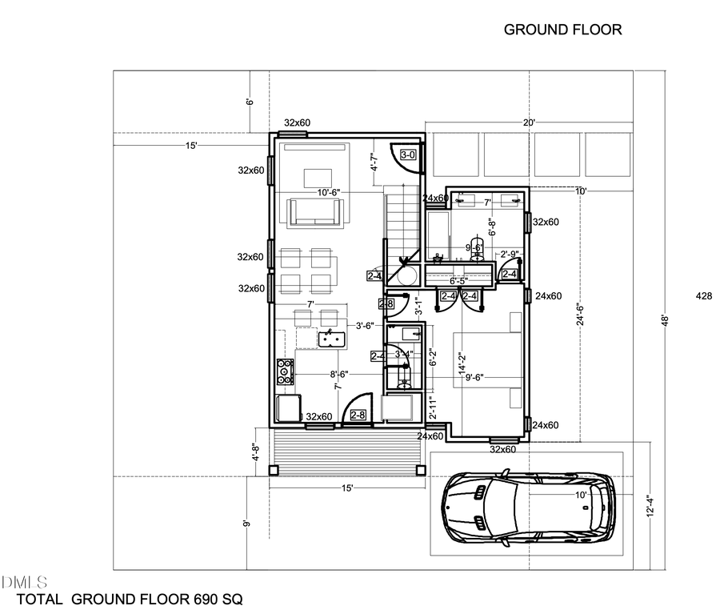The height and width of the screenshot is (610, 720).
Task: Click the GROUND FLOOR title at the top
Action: click(562, 30)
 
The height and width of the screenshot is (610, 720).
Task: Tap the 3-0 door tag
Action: click(407, 155)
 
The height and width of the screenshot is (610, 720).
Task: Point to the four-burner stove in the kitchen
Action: click(284, 371)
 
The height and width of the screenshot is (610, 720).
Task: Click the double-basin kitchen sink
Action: click(331, 340)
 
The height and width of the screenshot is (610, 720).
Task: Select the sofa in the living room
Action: click(318, 211)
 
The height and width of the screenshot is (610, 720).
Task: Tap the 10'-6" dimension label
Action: click(333, 193)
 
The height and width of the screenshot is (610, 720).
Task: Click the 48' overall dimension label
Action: click(663, 319)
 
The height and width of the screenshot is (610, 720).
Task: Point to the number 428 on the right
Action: click(704, 296)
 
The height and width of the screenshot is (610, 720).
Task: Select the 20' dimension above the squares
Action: click(529, 123)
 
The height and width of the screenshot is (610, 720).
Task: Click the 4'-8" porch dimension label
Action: click(255, 453)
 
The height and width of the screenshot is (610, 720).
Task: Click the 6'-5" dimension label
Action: click(458, 282)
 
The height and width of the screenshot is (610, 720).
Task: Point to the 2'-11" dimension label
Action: click(431, 409)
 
